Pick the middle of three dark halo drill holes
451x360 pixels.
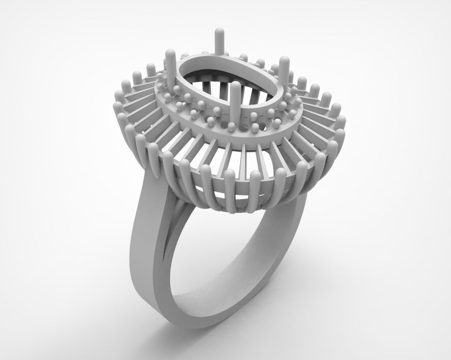(245, 128)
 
